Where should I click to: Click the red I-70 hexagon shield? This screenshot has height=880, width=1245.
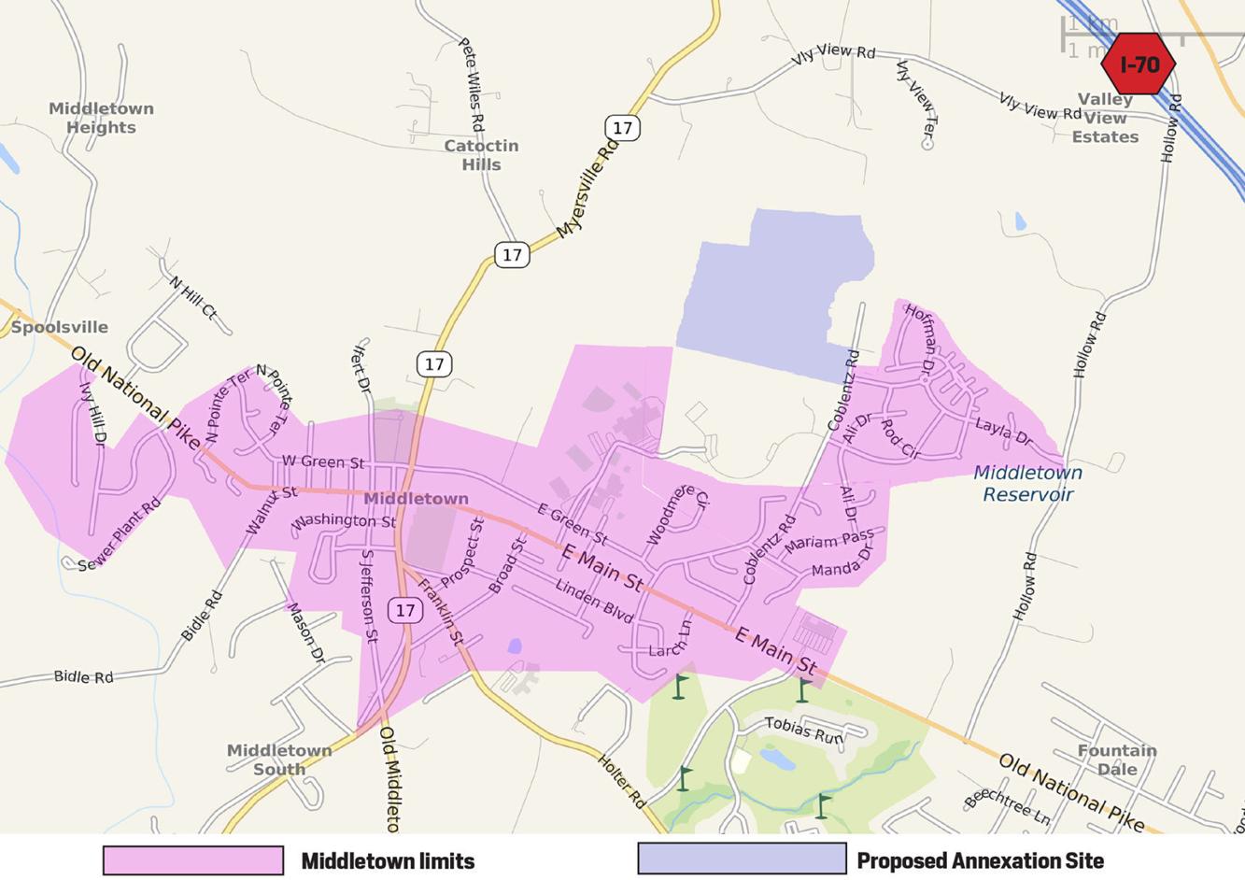(x=1138, y=64)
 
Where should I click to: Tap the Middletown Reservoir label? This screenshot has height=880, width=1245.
(x=1027, y=483)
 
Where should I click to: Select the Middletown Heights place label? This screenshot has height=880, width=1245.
(x=101, y=118)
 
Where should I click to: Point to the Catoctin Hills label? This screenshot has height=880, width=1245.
(x=481, y=155)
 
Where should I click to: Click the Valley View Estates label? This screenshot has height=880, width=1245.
(x=1105, y=118)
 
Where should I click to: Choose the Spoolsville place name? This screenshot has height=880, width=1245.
(x=60, y=327)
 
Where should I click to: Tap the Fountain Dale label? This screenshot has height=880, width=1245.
(x=1117, y=759)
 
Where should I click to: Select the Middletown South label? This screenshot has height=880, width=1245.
(x=278, y=759)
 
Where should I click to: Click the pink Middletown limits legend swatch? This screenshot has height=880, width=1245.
(x=193, y=860)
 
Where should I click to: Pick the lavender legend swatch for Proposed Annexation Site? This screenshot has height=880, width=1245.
(x=742, y=859)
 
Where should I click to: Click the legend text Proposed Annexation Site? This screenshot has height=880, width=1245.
(x=980, y=860)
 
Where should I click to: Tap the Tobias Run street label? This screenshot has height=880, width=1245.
(x=803, y=730)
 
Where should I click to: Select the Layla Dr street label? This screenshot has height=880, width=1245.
(x=1003, y=432)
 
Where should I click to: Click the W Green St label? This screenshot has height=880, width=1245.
(x=323, y=461)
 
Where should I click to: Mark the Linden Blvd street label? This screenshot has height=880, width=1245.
(x=594, y=601)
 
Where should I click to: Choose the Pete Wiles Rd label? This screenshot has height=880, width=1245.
(x=472, y=84)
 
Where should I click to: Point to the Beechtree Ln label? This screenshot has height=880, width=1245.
(x=1007, y=807)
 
